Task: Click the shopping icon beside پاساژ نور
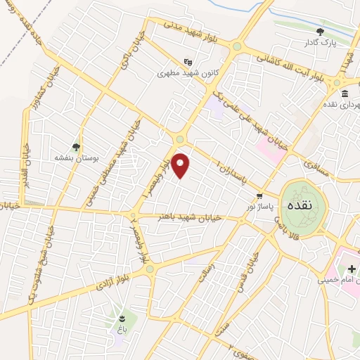click(259, 196)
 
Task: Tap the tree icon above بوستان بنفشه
click(75, 147)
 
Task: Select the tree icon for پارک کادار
click(320, 32)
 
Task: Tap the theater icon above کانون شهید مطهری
click(187, 61)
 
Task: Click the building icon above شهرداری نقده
click(344, 94)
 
